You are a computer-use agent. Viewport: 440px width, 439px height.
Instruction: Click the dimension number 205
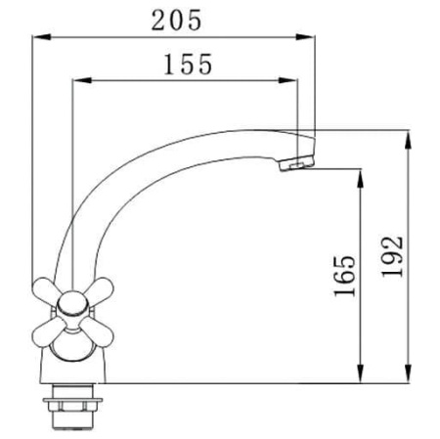coord(177,21)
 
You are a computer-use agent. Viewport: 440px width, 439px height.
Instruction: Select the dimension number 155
coord(188,65)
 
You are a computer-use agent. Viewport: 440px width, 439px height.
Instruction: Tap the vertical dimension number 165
coord(345,276)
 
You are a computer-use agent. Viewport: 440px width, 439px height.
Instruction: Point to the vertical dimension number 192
coord(392,257)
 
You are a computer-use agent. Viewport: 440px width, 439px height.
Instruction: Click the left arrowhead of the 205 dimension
coord(42,37)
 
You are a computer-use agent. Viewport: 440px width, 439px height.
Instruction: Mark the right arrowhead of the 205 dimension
coord(305,37)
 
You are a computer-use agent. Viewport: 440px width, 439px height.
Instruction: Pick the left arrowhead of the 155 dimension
coord(81,80)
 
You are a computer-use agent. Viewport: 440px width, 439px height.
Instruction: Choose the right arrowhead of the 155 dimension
coord(288,80)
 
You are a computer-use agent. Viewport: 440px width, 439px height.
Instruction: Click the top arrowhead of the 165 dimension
coord(360,179)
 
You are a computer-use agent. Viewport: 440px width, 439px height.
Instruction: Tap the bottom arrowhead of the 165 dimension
coord(360,373)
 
